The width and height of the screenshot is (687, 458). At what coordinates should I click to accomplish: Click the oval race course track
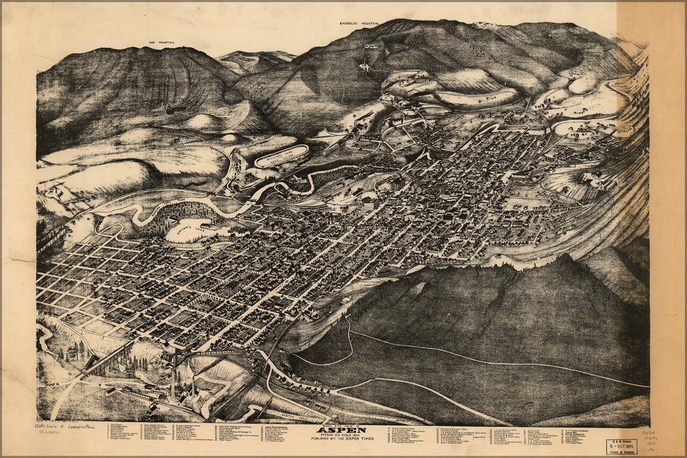point(282,156)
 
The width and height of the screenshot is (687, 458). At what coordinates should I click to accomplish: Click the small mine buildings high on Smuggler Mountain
point(371,46)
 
